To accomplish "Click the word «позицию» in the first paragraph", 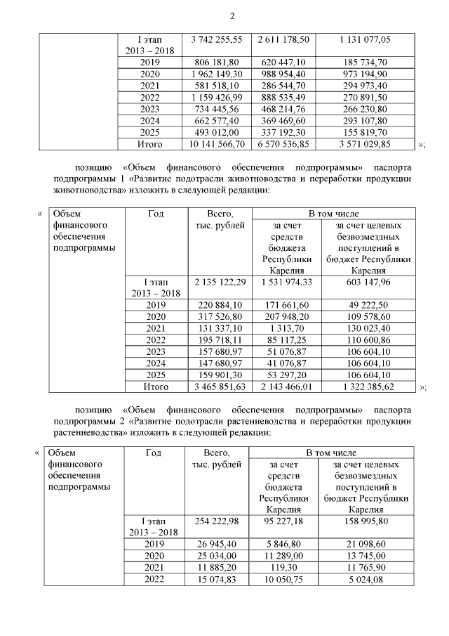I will pos(98,169).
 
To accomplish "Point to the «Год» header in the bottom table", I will pos(153,453).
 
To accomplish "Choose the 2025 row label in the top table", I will pos(150,131).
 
